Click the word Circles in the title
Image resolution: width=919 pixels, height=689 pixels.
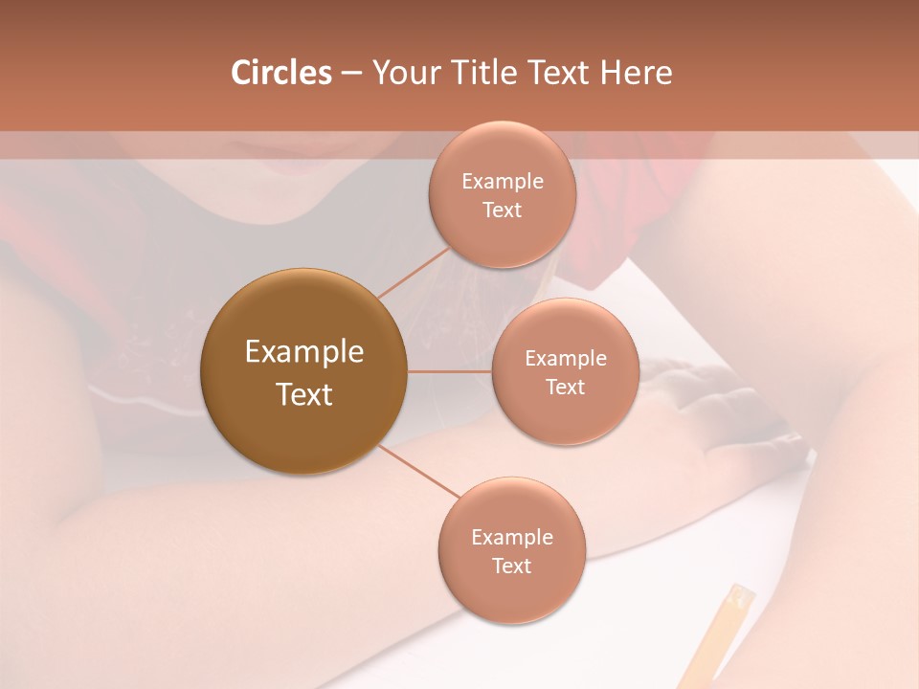click(x=280, y=73)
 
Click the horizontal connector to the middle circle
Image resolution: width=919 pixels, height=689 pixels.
click(x=449, y=371)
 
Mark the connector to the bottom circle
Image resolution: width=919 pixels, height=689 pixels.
click(x=417, y=472)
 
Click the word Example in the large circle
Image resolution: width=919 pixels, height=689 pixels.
click(x=303, y=352)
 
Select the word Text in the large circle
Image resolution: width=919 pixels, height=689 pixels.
click(x=303, y=394)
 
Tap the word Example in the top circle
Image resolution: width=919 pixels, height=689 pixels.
click(x=503, y=182)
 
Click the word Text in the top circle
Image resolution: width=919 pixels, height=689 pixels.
click(x=503, y=211)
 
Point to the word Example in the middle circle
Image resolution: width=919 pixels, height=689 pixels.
click(x=566, y=359)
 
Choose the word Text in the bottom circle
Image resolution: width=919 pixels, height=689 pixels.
click(x=512, y=567)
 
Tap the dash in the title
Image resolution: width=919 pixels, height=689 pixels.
click(x=351, y=74)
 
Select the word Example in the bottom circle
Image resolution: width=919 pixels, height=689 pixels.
click(x=512, y=538)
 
